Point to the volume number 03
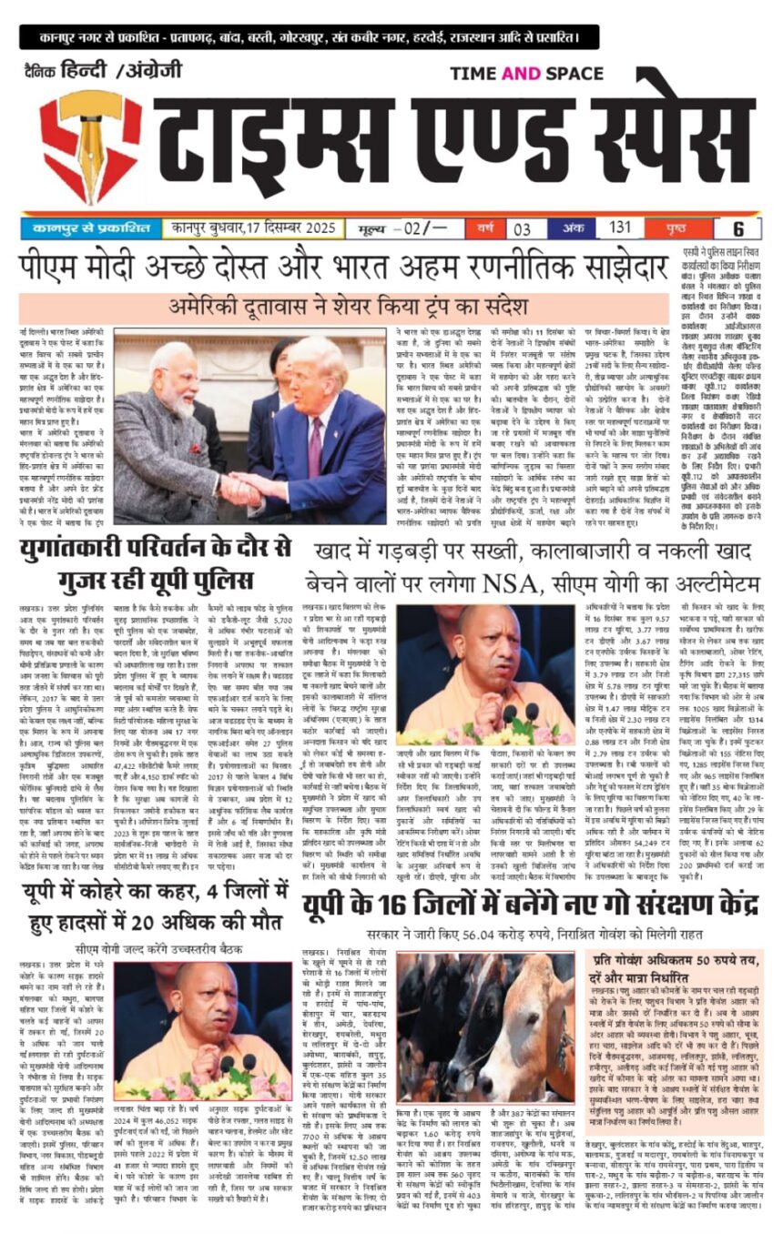tap(523, 228)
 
